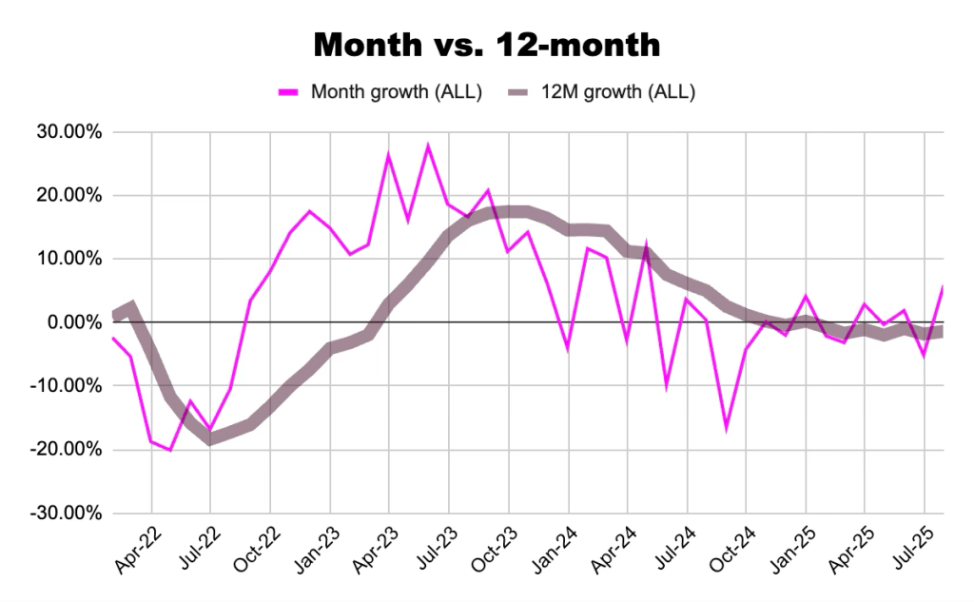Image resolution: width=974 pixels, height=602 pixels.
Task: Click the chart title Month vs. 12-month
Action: [486, 44]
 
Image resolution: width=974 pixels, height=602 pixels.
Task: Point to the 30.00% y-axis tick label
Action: [66, 132]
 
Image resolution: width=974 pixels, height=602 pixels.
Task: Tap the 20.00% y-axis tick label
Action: [66, 196]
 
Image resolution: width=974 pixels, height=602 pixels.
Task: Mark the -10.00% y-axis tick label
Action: [63, 386]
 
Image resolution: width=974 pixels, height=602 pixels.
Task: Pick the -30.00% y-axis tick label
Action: [63, 513]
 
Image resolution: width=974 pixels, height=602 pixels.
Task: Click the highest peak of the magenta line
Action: [428, 146]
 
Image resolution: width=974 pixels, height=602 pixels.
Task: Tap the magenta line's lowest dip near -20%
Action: [170, 449]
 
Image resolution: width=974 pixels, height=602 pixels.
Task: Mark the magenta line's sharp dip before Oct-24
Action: [727, 428]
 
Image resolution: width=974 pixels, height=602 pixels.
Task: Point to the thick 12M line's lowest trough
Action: [209, 438]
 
